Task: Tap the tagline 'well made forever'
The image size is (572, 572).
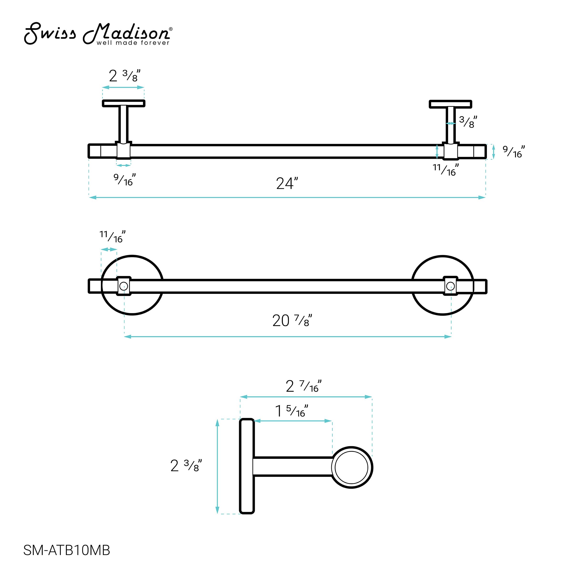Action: (133, 43)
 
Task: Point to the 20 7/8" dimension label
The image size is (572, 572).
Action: (292, 321)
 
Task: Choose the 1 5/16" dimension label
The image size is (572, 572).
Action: (292, 411)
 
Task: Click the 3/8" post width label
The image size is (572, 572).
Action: (468, 122)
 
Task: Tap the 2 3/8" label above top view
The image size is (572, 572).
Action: (125, 76)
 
